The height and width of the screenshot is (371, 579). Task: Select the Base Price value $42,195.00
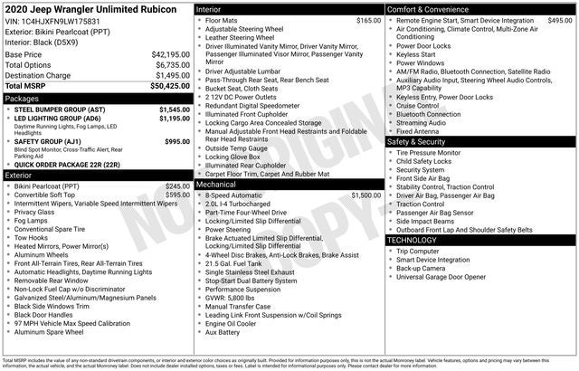(170, 55)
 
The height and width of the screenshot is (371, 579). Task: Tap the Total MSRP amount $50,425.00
(169, 86)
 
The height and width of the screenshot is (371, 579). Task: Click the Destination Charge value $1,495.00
(171, 76)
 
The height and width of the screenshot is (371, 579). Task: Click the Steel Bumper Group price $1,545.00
(174, 109)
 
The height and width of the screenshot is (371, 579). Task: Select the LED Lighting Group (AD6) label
(58, 119)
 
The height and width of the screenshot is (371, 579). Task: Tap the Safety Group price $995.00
(177, 141)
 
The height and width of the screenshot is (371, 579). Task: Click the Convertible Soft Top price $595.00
(176, 195)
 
